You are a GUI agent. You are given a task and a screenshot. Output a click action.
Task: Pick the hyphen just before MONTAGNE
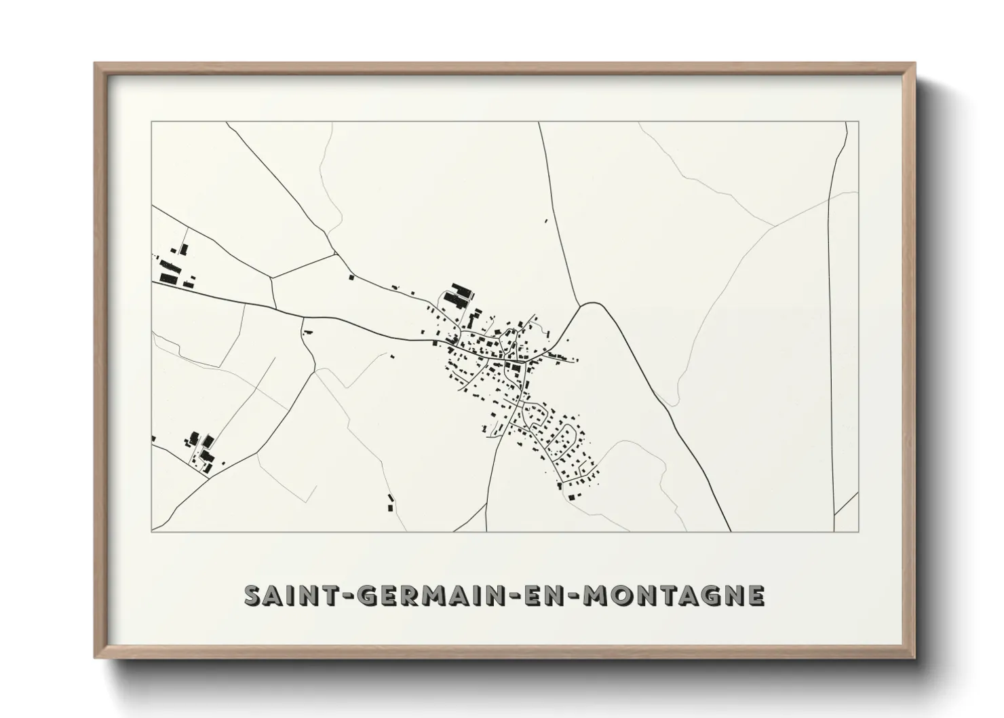(x=575, y=596)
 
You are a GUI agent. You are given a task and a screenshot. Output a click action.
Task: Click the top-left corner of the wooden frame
(x=96, y=64)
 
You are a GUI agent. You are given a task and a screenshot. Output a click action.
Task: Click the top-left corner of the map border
(x=152, y=122)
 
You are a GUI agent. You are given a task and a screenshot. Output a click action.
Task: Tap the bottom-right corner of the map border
(x=858, y=531)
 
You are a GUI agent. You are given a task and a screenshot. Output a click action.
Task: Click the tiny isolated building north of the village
(x=546, y=220)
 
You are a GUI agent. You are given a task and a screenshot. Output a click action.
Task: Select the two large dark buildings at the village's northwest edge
(x=461, y=293)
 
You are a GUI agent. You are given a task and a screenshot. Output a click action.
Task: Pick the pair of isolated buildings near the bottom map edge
(x=390, y=502)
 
